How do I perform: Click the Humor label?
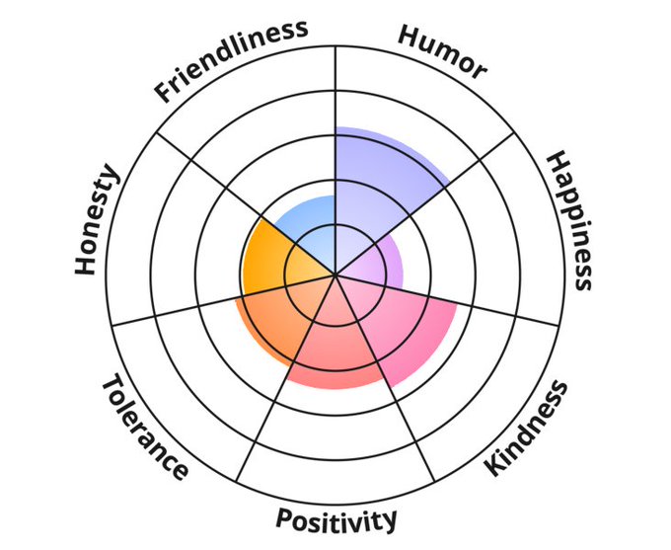442,50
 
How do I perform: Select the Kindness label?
527,427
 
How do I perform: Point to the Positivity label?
336,519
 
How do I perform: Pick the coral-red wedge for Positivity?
335,346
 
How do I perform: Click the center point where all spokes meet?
336,274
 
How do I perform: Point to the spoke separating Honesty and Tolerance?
197,305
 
